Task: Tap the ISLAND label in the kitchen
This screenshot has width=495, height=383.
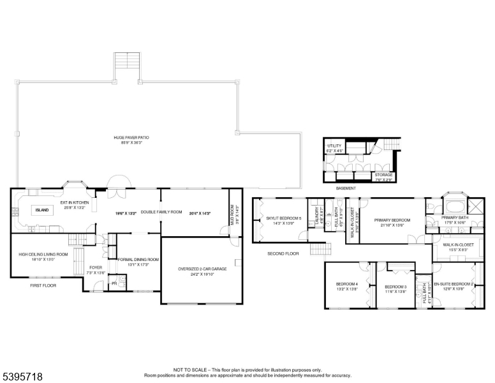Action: (x=42, y=209)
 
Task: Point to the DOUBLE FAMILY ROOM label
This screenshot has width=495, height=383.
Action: (x=161, y=212)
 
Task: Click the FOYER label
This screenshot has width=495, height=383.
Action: (x=96, y=267)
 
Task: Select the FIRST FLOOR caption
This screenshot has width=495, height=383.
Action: (x=43, y=285)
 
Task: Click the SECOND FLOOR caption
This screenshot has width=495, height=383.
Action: (x=283, y=253)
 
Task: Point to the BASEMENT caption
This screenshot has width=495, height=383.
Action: (x=346, y=188)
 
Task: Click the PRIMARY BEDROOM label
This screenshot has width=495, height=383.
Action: (x=392, y=220)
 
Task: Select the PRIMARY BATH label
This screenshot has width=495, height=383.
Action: (x=455, y=217)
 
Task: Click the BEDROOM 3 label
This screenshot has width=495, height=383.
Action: (x=395, y=287)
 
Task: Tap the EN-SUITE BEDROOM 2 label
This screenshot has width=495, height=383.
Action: (x=454, y=284)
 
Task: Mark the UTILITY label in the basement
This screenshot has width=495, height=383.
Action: (x=334, y=146)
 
